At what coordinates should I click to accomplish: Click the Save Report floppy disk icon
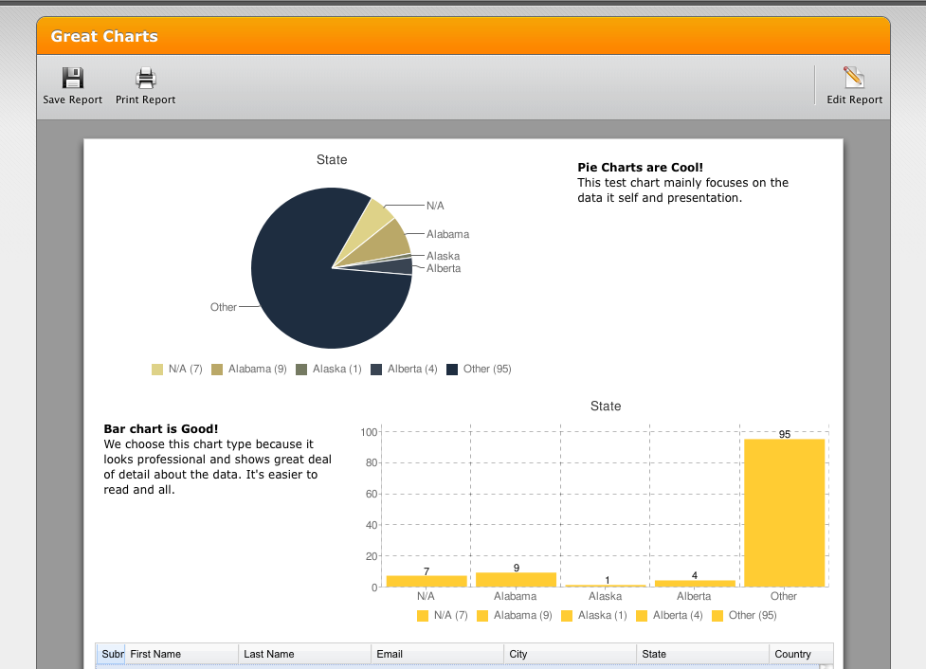pyautogui.click(x=73, y=78)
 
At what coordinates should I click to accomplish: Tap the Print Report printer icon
pyautogui.click(x=145, y=78)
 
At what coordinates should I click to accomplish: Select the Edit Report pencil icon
pyautogui.click(x=854, y=78)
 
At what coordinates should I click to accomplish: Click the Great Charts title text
pyautogui.click(x=104, y=37)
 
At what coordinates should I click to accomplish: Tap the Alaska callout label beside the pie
pyautogui.click(x=443, y=256)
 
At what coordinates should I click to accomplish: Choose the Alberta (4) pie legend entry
pyautogui.click(x=404, y=369)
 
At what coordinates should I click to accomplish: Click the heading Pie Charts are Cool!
pyautogui.click(x=640, y=168)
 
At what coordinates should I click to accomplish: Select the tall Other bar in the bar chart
pyautogui.click(x=784, y=513)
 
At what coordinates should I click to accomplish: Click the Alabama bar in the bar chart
pyautogui.click(x=516, y=579)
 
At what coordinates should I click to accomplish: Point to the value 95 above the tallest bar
pyautogui.click(x=785, y=434)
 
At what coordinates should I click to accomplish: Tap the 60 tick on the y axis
pyautogui.click(x=371, y=494)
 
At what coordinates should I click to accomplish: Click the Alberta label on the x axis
pyautogui.click(x=694, y=596)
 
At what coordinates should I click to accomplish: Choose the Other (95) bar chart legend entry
pyautogui.click(x=745, y=615)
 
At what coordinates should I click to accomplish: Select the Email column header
pyautogui.click(x=390, y=654)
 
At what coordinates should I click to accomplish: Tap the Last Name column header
pyautogui.click(x=269, y=654)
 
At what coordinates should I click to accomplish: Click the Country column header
pyautogui.click(x=792, y=654)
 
